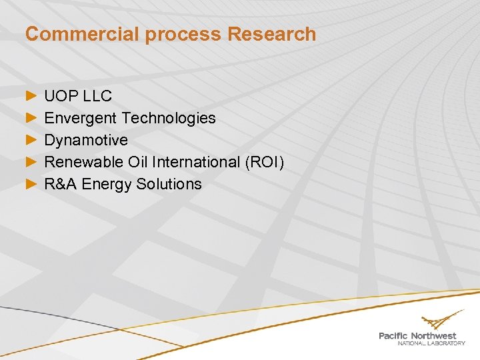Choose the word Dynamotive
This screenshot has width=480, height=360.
pos(86,140)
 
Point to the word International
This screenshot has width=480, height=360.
pos(193,162)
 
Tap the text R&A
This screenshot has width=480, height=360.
pos(61,184)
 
